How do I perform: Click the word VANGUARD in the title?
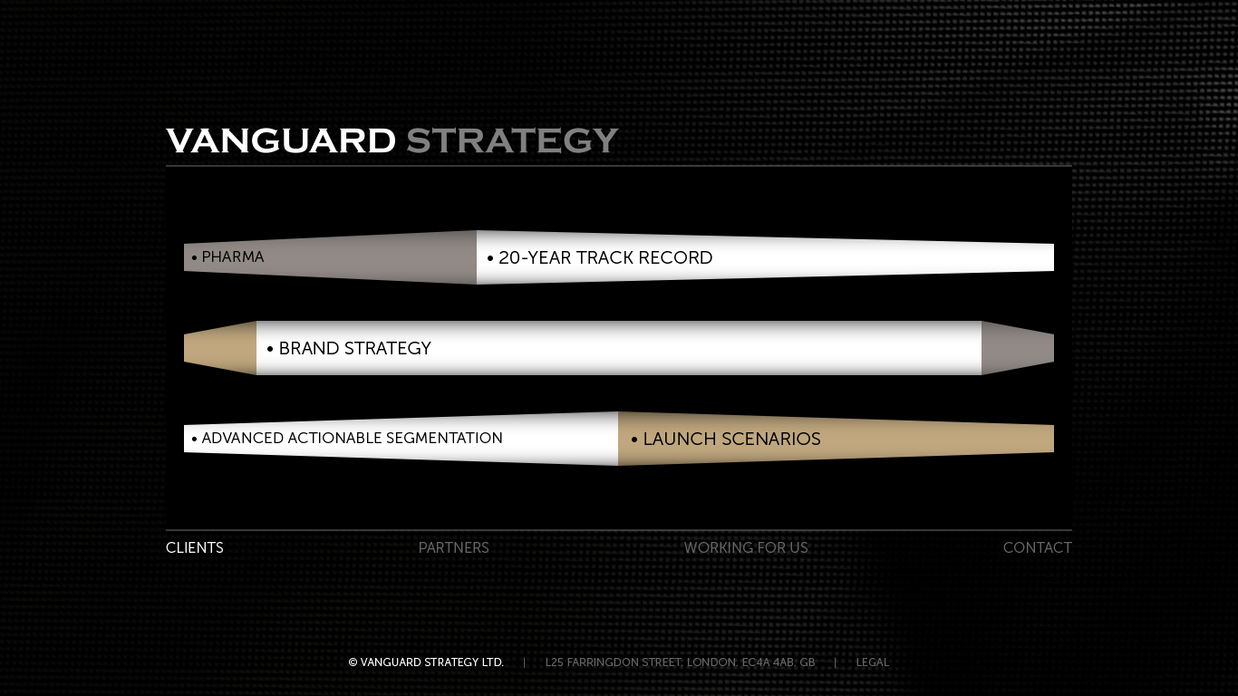[x=281, y=140]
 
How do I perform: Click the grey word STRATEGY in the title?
[x=512, y=140]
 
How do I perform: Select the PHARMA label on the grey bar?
[x=233, y=257]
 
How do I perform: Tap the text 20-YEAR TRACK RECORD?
[x=605, y=257]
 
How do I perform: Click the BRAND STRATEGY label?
[x=355, y=348]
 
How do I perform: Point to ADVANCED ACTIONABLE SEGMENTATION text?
[x=352, y=438]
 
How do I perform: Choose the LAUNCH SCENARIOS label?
[x=731, y=439]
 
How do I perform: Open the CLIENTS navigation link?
[x=195, y=548]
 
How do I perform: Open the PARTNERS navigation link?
[x=454, y=548]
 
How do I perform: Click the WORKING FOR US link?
[x=746, y=548]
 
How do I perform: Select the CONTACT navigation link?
[x=1038, y=548]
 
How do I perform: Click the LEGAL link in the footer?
[x=872, y=662]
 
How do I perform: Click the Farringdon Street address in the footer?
[x=680, y=662]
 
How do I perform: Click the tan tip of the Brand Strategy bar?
[x=220, y=348]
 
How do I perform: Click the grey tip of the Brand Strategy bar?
[x=1018, y=348]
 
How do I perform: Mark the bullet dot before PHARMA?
[x=194, y=257]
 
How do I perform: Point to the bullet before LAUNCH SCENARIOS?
[x=634, y=440]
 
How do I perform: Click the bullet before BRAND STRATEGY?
[x=270, y=349]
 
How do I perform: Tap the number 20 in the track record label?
[x=509, y=257]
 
